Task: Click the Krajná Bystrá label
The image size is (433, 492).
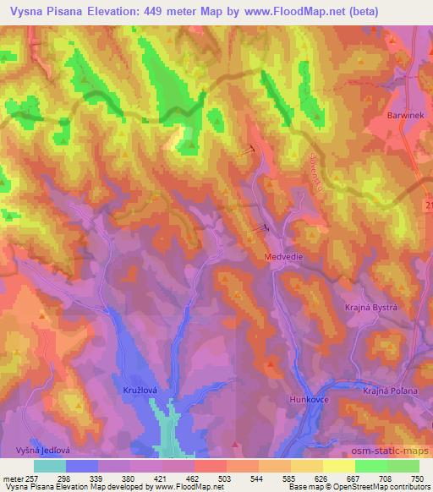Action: [370, 309]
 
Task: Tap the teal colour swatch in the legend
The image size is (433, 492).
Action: [50, 466]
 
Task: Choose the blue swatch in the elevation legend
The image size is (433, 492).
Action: [82, 466]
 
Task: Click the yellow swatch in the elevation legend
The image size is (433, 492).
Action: [337, 466]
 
